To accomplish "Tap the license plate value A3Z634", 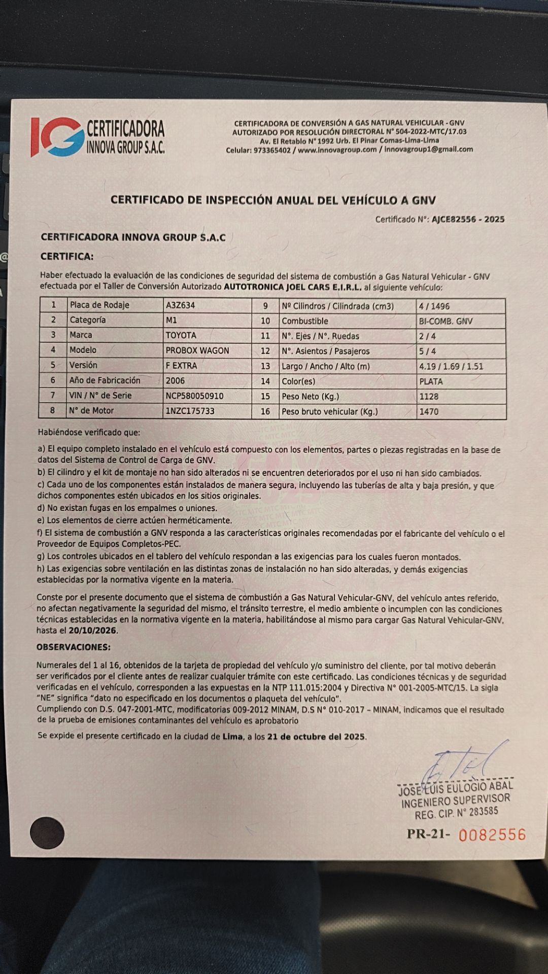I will click(x=180, y=305).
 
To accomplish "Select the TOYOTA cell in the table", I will click(x=181, y=335).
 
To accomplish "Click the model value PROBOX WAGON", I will click(x=197, y=351).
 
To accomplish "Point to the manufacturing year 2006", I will click(x=175, y=380).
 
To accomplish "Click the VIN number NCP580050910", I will click(x=194, y=396).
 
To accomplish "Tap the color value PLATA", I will click(x=431, y=381).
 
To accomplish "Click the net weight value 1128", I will click(x=429, y=397).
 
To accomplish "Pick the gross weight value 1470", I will click(x=429, y=412).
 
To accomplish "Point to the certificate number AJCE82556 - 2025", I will click(x=468, y=220).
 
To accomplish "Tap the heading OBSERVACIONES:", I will click(x=73, y=647).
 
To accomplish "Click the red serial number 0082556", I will click(x=492, y=834).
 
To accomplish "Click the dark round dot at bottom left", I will click(x=47, y=832).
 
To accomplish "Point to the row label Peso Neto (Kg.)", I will click(x=310, y=397).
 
